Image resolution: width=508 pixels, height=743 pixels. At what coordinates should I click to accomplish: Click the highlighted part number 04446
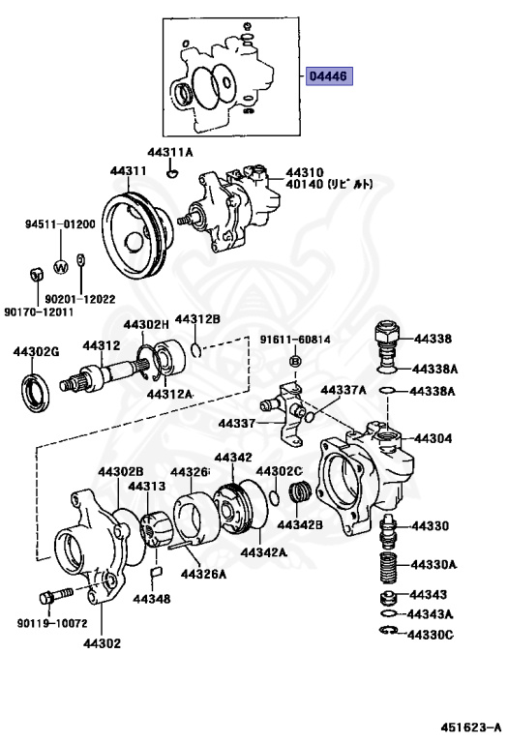[329, 76]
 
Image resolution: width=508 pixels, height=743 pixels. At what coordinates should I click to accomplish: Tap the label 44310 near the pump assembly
[304, 171]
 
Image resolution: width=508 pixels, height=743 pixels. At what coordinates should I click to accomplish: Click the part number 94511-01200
[60, 224]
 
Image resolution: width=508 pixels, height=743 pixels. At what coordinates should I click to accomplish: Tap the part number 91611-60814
[294, 340]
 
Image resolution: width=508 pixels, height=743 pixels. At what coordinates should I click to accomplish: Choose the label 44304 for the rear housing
[433, 438]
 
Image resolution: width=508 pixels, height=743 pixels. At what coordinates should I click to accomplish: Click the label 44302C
[280, 471]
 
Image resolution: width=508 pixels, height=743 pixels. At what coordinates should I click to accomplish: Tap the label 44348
[151, 599]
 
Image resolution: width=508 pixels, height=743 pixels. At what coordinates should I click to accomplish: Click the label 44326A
[206, 574]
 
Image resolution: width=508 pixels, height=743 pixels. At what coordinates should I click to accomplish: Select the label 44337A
[343, 390]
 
